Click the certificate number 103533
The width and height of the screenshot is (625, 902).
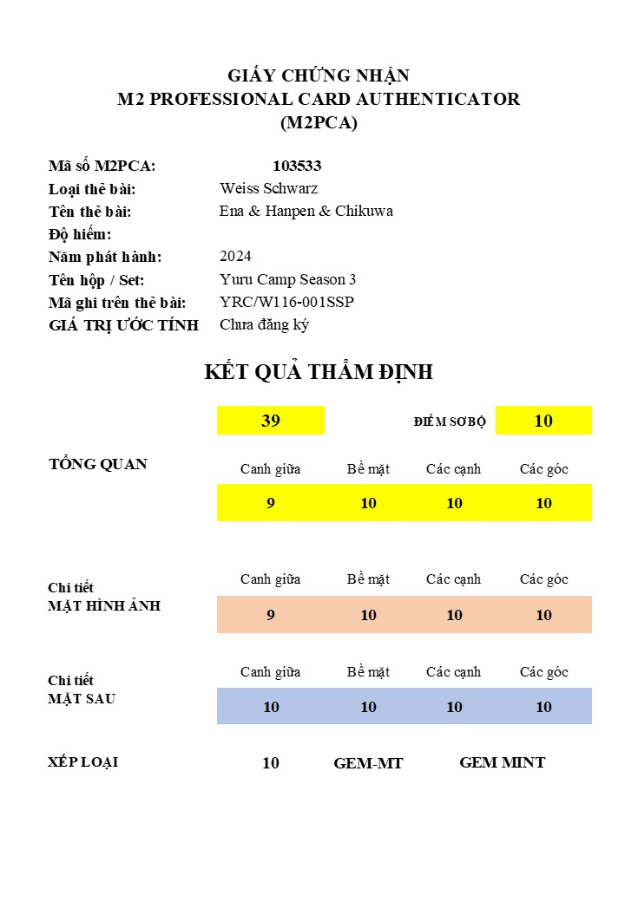click(297, 166)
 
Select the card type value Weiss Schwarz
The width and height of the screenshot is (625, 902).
click(268, 188)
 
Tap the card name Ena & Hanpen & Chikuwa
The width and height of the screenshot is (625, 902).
click(306, 211)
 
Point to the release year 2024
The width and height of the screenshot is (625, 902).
click(235, 256)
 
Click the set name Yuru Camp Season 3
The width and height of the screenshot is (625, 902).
click(287, 279)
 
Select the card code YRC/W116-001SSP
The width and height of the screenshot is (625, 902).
click(286, 302)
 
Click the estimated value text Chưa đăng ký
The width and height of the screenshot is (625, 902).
click(264, 325)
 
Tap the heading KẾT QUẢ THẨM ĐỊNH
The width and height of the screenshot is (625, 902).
click(319, 372)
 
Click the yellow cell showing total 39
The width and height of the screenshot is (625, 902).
click(271, 421)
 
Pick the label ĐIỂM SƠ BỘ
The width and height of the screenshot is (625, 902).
click(450, 422)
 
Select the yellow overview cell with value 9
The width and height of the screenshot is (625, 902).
click(271, 503)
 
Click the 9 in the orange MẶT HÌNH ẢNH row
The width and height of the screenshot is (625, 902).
click(271, 615)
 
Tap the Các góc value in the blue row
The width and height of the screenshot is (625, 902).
click(543, 707)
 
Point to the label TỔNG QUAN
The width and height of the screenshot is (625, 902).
click(98, 464)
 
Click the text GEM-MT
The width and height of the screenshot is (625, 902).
click(368, 763)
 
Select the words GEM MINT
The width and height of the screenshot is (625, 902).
click(502, 762)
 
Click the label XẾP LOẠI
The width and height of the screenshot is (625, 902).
click(83, 762)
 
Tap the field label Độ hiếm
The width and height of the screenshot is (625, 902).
click(80, 234)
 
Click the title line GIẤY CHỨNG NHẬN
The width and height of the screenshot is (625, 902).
click(319, 75)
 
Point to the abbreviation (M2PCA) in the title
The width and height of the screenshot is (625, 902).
click(319, 122)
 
